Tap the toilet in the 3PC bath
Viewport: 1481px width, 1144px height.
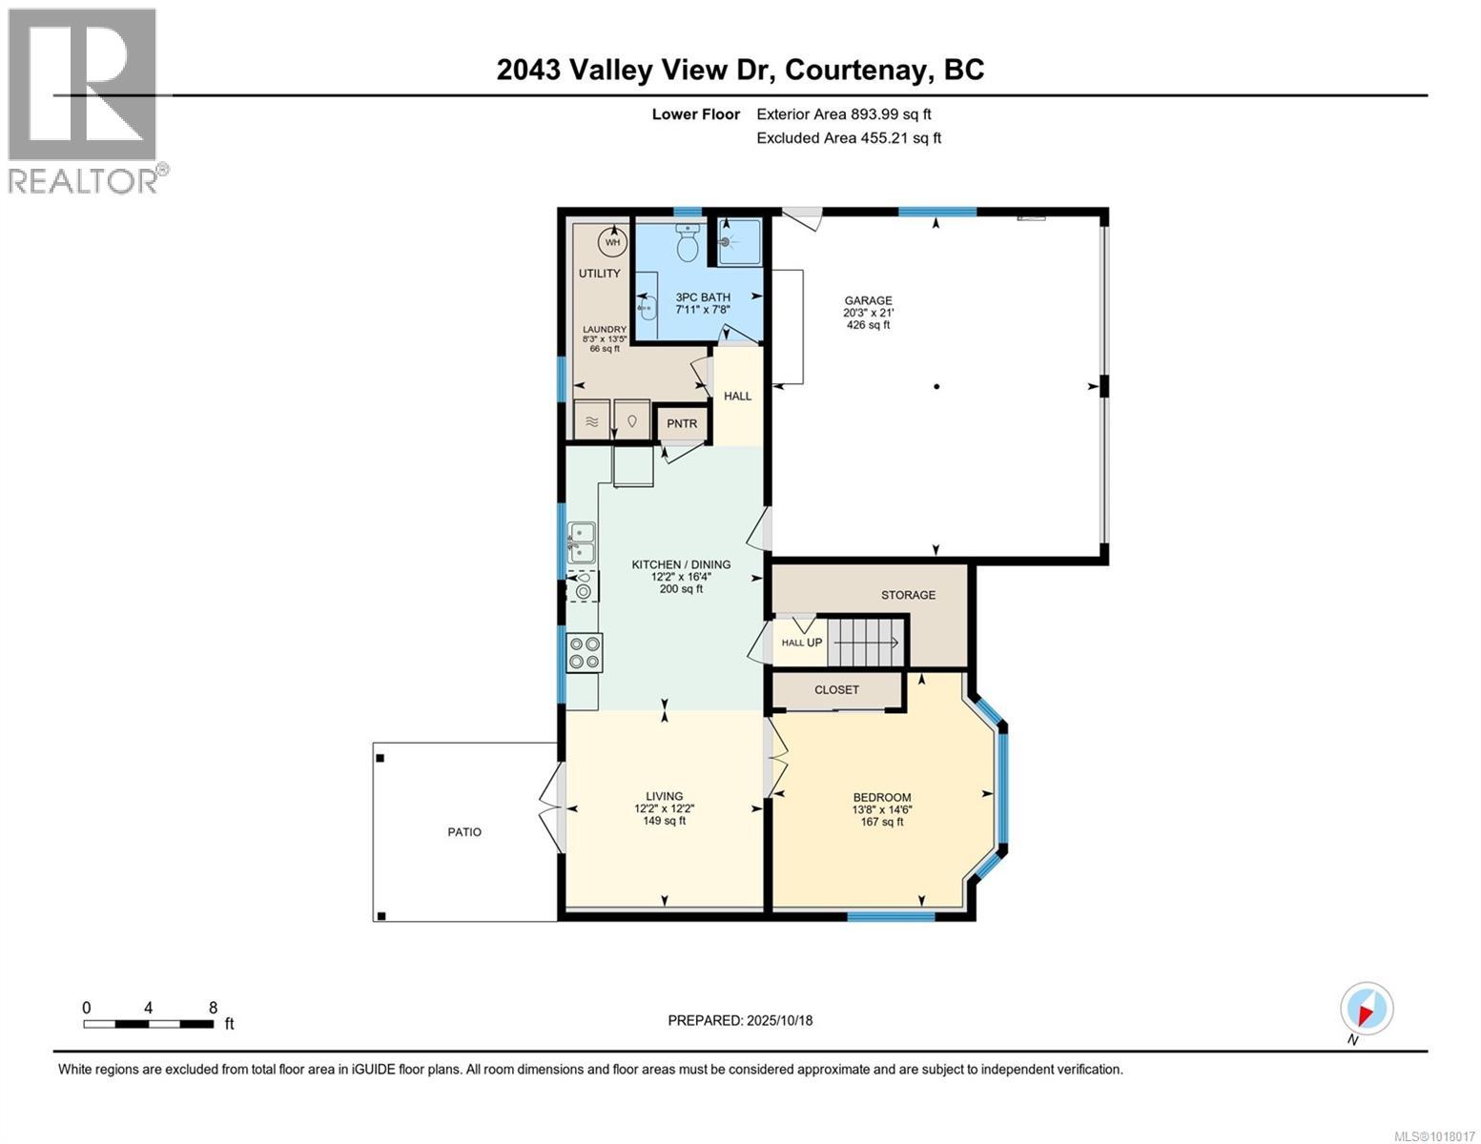pyautogui.click(x=687, y=244)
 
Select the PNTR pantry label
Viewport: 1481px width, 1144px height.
pyautogui.click(x=682, y=424)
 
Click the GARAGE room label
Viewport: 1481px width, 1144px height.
pyautogui.click(x=867, y=300)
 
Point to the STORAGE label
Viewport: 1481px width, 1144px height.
pyautogui.click(x=908, y=595)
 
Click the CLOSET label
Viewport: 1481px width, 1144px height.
pyautogui.click(x=836, y=689)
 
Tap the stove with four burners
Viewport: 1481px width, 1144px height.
pyautogui.click(x=583, y=653)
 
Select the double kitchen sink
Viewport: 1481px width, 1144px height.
pyautogui.click(x=582, y=541)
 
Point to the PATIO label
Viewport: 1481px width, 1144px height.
pyautogui.click(x=464, y=832)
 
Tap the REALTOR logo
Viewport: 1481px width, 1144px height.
pyautogui.click(x=84, y=100)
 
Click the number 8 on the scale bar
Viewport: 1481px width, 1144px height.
pyautogui.click(x=213, y=1008)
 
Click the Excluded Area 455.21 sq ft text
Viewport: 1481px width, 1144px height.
pyautogui.click(x=848, y=138)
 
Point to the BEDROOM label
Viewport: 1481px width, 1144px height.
pyautogui.click(x=881, y=798)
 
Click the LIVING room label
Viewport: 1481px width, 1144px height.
pyautogui.click(x=664, y=796)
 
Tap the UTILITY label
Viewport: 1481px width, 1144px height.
pyautogui.click(x=599, y=274)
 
